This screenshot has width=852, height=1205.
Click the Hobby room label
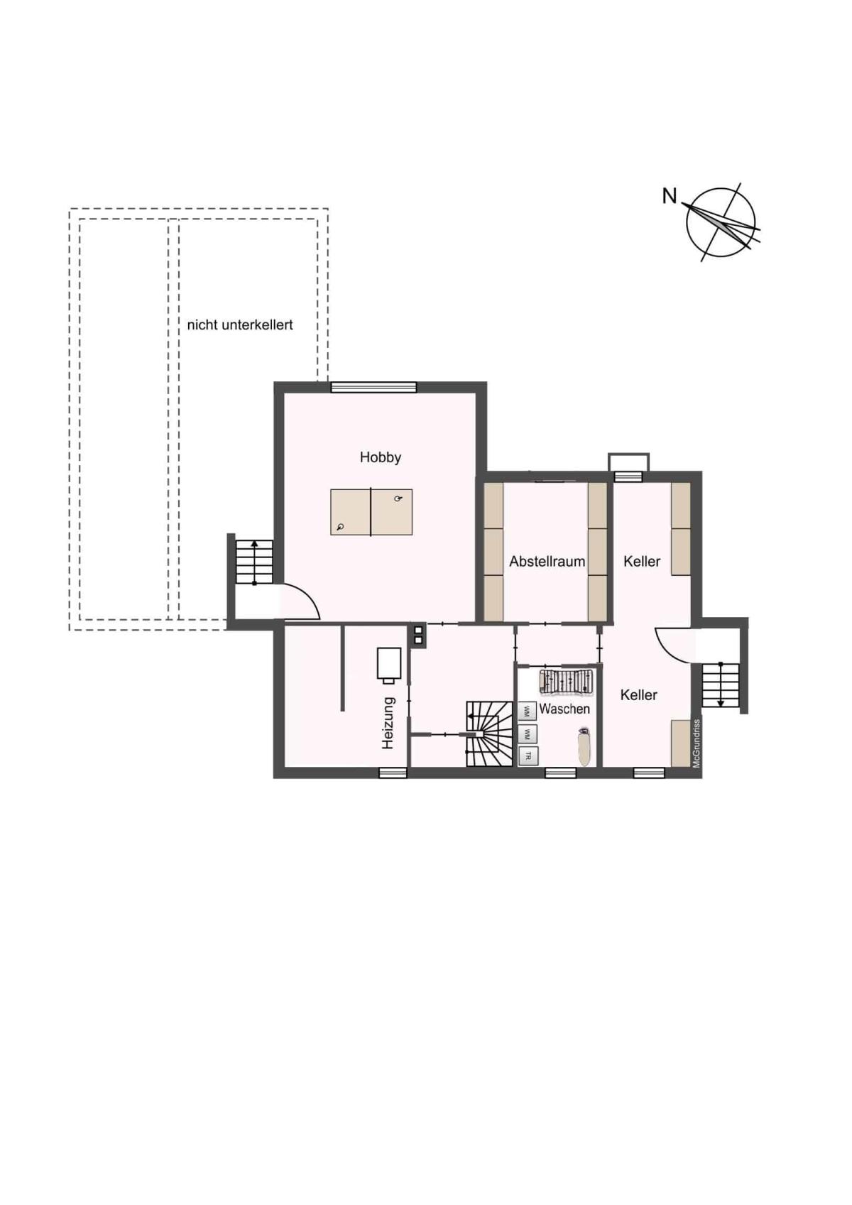coord(381,458)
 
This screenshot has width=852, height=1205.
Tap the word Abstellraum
coord(547,562)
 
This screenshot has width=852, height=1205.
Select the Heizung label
coord(388,724)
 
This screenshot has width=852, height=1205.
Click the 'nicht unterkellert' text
coord(240,325)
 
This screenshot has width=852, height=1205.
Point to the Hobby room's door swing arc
coord(308,597)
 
